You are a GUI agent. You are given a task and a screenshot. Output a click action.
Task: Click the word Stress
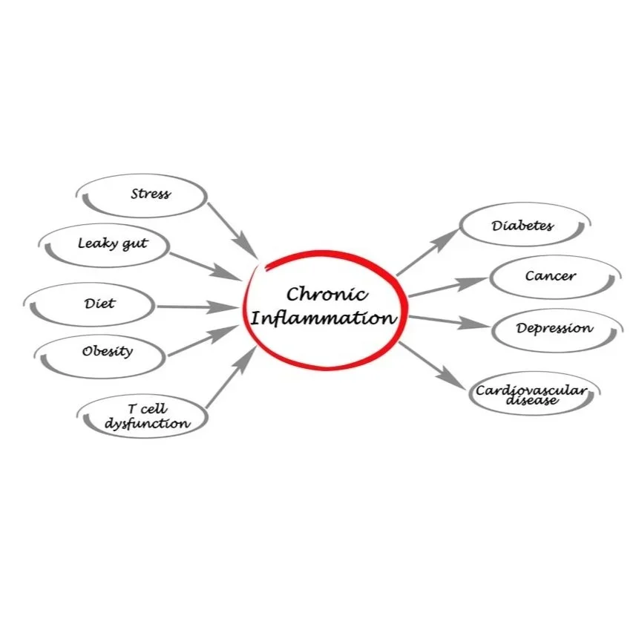coord(150,194)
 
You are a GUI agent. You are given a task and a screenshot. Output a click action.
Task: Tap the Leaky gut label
coord(112,243)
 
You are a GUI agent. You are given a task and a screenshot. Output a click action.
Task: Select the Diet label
coord(99,303)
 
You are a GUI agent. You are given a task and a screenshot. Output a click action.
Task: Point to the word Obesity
coord(108,350)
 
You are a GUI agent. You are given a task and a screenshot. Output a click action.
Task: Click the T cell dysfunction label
coord(148,417)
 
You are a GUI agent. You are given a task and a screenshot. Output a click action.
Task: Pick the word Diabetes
coord(522,225)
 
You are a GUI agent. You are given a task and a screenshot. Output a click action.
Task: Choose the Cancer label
coord(550,276)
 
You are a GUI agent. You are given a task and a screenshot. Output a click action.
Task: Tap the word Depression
coord(554,327)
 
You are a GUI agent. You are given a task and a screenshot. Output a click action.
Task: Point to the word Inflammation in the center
coord(322,319)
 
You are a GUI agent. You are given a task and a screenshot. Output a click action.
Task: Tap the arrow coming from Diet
coord(197,306)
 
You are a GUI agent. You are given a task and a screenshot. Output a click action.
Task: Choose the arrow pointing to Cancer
coord(448,287)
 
